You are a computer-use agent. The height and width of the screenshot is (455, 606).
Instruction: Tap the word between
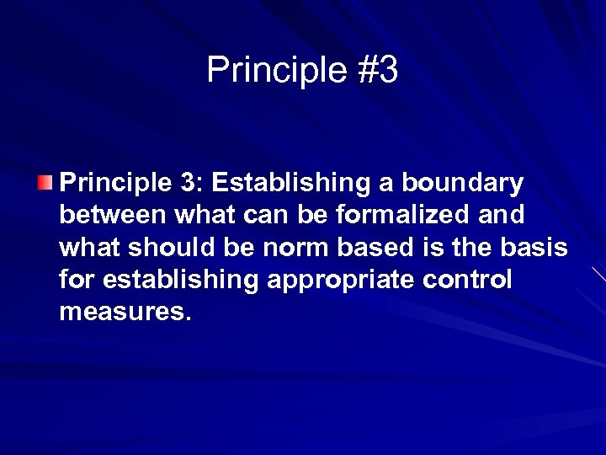tap(114, 216)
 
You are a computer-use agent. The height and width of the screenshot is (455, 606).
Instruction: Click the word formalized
tap(401, 216)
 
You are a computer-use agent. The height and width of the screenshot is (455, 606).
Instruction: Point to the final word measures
tap(125, 312)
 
